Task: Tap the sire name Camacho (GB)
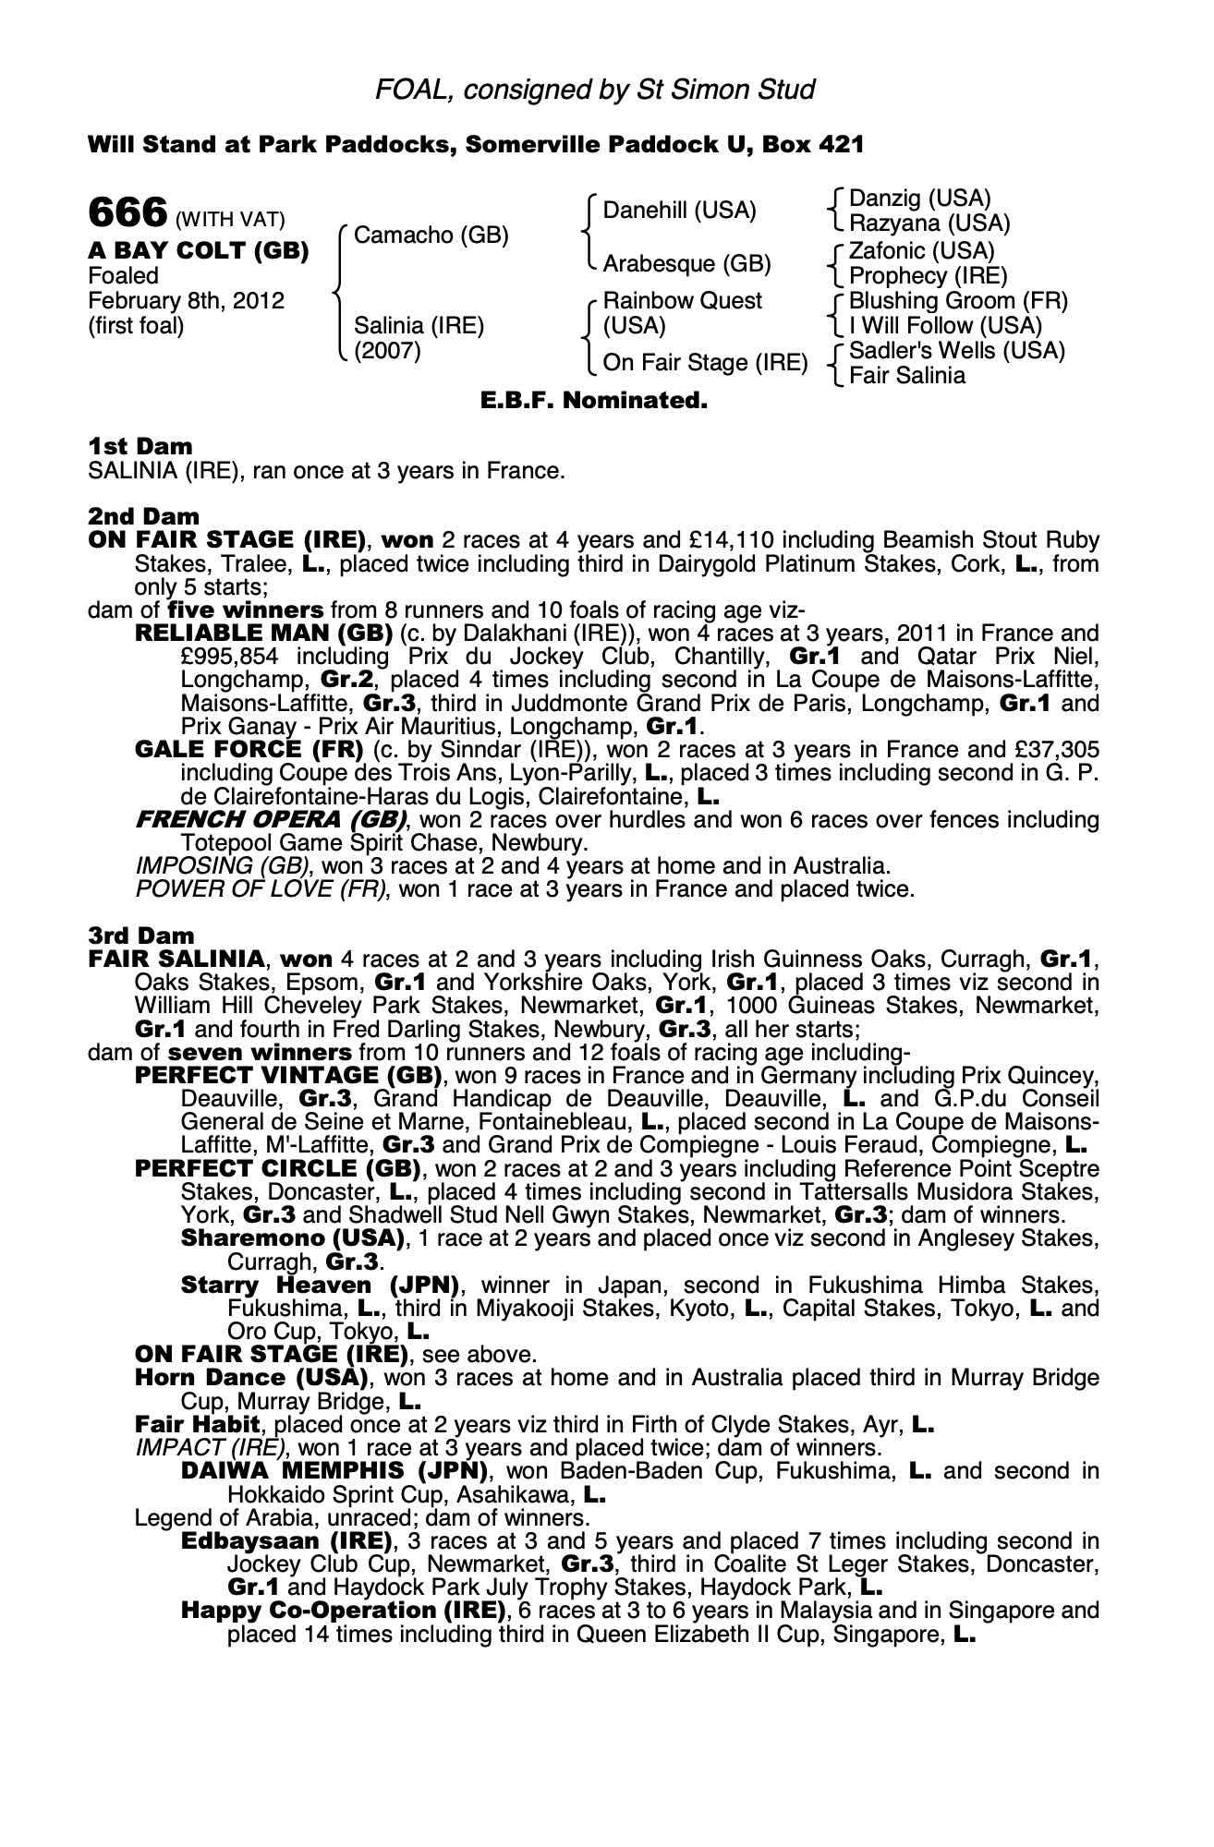click(x=431, y=235)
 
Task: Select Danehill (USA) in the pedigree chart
click(x=679, y=211)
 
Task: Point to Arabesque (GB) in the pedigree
click(x=686, y=264)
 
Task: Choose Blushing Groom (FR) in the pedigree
click(x=958, y=301)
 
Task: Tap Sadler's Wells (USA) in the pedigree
click(x=956, y=351)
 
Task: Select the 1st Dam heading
click(x=140, y=447)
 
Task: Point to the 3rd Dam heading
click(x=140, y=936)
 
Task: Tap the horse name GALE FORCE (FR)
click(x=248, y=749)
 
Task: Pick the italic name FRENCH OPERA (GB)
click(x=271, y=819)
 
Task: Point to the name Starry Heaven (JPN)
click(x=320, y=1285)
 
